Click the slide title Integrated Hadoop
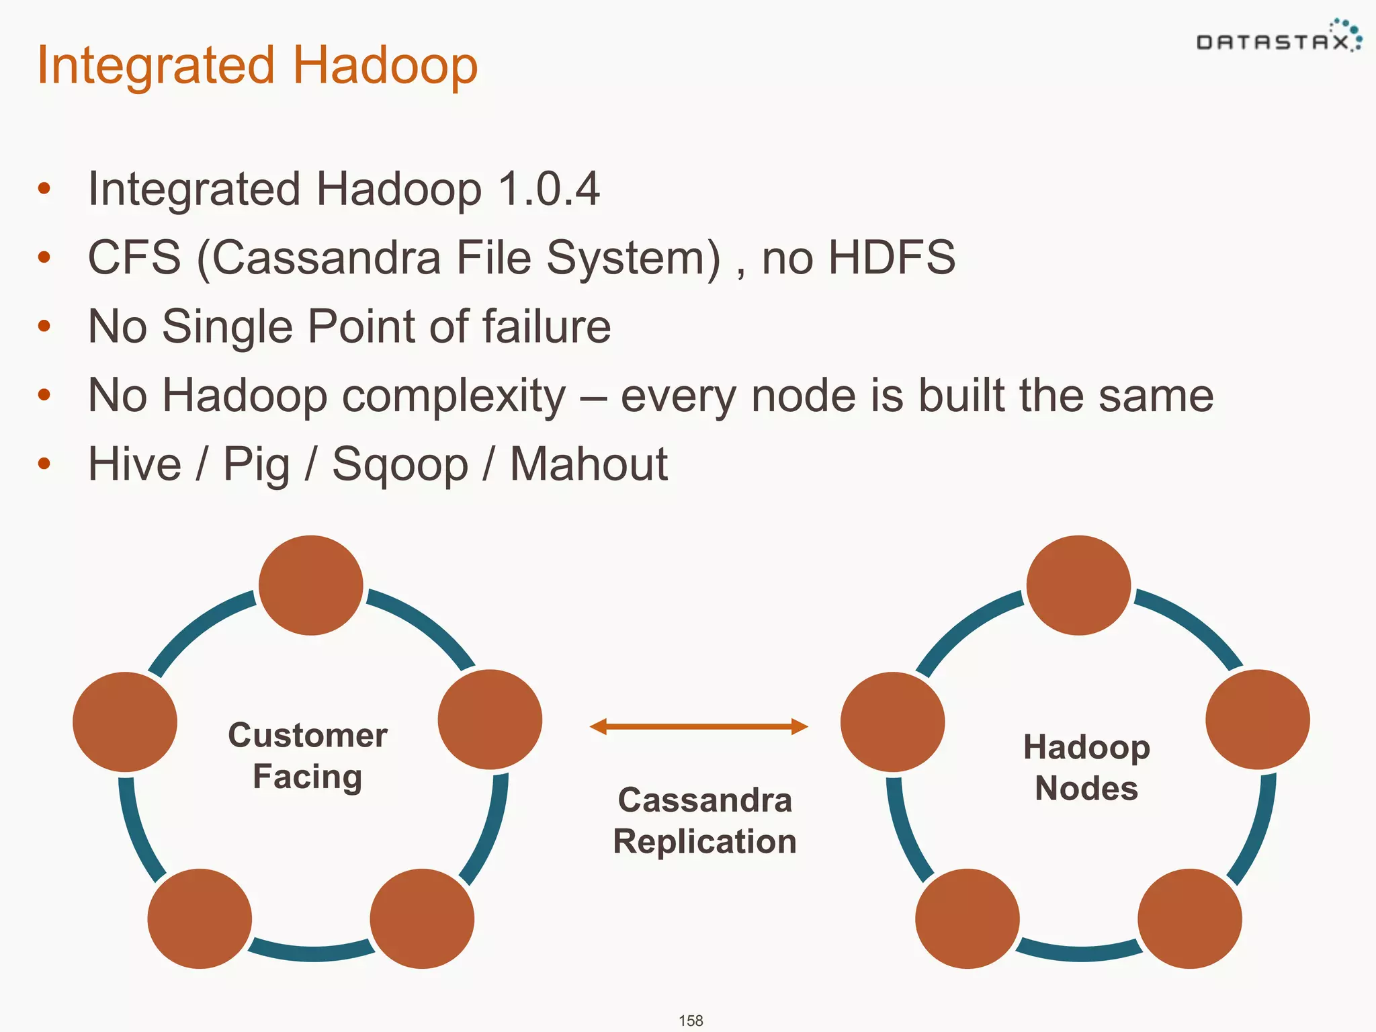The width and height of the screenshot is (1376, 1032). click(x=257, y=66)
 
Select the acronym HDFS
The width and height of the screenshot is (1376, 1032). click(x=891, y=257)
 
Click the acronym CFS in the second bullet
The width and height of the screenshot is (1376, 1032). click(x=134, y=257)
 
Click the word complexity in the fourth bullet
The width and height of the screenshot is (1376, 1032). click(x=454, y=396)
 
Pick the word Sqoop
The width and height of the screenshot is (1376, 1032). click(x=400, y=465)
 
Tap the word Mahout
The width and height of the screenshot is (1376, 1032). click(x=589, y=464)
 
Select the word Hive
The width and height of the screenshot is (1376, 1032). click(x=135, y=464)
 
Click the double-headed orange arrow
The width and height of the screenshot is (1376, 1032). click(x=699, y=726)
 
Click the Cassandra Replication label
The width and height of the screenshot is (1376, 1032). click(x=704, y=820)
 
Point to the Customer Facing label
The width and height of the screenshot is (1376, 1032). click(x=308, y=756)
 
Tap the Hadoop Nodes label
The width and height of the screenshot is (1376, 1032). click(x=1086, y=767)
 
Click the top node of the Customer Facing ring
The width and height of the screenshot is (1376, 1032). click(x=310, y=585)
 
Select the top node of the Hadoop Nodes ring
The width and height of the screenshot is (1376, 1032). click(x=1078, y=585)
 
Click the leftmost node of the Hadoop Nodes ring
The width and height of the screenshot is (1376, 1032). click(x=892, y=722)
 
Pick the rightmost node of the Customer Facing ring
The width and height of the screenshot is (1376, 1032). click(x=490, y=720)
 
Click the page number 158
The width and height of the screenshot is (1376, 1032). click(x=691, y=1021)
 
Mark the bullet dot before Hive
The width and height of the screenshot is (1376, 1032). click(x=44, y=464)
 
